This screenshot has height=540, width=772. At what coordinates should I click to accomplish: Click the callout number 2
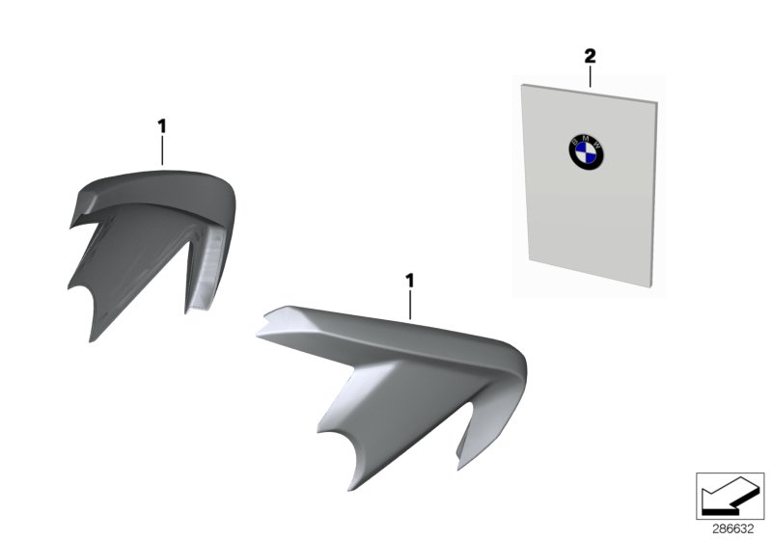coord(590,56)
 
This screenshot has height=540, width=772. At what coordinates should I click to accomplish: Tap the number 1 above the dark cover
coord(162,125)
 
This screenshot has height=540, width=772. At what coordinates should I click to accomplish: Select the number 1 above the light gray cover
coord(409,281)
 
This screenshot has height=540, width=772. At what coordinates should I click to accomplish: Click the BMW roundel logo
coord(586,151)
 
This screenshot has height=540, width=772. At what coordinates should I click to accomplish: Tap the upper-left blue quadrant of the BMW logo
coord(579,147)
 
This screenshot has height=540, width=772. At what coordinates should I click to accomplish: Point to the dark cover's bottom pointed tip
coord(91,340)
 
